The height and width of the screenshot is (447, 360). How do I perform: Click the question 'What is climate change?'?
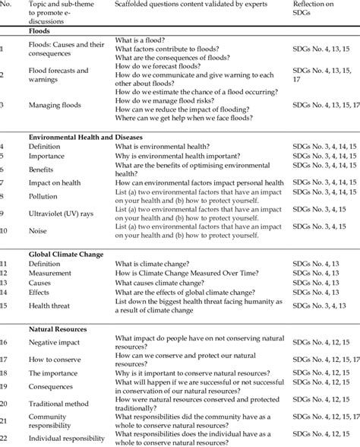tap(150, 263)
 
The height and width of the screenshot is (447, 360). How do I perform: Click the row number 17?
tap(6, 359)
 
